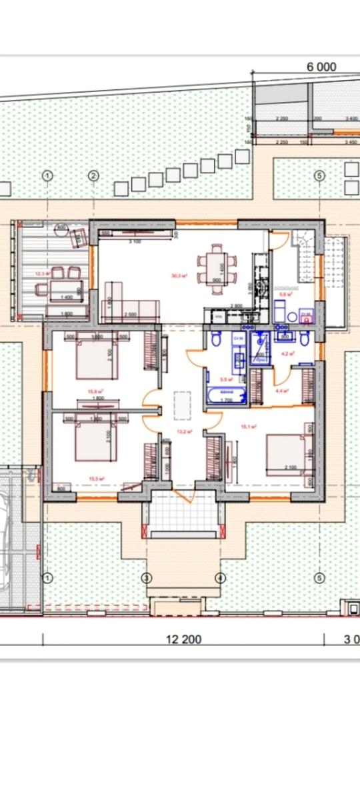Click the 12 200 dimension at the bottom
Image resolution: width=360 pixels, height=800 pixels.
coord(183,639)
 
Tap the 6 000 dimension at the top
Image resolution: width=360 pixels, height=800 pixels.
coord(321,67)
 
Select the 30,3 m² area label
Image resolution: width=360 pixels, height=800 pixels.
coord(178,275)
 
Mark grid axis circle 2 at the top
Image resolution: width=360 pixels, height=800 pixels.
coord(93,175)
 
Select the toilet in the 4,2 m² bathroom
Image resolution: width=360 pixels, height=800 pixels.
coord(304,341)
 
